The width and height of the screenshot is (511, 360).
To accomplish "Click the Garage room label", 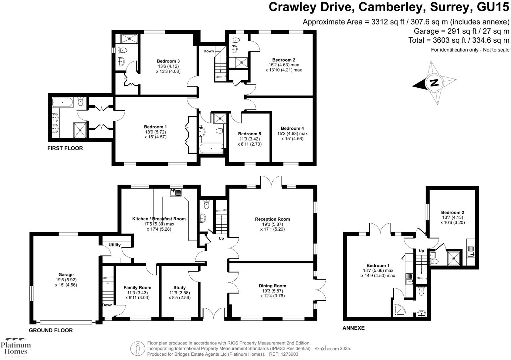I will [66, 275].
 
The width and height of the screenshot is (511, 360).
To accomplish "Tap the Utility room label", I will [115, 245].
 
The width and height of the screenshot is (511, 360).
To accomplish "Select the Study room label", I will [179, 288].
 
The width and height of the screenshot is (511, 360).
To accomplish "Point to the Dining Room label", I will [272, 286].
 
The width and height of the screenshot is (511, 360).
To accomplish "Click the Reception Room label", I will [272, 219].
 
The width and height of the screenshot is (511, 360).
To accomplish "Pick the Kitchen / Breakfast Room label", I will [159, 219].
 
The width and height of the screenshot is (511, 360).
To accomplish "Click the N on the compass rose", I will [434, 82].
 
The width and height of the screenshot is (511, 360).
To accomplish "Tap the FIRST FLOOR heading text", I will [65, 148].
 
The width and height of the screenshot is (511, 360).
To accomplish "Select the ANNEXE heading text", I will [353, 328].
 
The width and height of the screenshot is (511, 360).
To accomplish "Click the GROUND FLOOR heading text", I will [51, 330].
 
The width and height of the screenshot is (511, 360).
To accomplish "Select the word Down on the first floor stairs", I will [209, 51].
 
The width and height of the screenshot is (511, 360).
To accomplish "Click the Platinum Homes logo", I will [16, 347].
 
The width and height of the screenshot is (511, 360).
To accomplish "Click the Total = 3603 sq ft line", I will [459, 40].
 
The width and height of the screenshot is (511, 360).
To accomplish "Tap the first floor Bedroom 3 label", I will [168, 61].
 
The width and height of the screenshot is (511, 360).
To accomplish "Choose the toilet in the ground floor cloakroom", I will [207, 204].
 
